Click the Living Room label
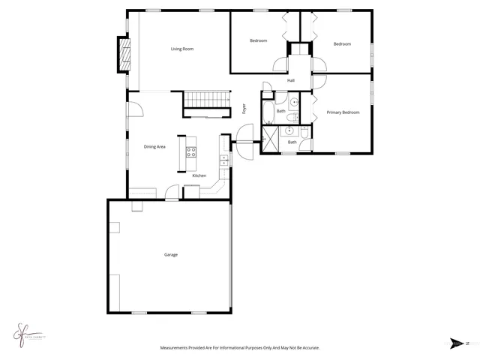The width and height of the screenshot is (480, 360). [x=182, y=49]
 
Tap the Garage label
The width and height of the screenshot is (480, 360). [x=171, y=255]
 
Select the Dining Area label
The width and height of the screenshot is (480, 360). [x=154, y=147]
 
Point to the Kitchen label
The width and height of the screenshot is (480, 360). [x=199, y=175]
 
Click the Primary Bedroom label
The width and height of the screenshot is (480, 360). [x=343, y=112]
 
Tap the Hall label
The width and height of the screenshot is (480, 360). [x=290, y=80]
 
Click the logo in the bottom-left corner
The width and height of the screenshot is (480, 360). [x=27, y=331]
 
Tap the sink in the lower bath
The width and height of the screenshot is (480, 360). [x=289, y=130]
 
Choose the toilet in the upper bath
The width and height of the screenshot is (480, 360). [x=295, y=102]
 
